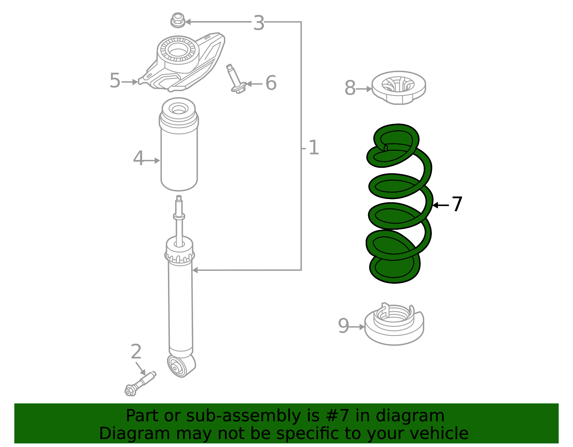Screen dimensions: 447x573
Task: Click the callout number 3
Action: click(x=259, y=23)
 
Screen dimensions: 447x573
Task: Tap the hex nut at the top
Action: click(x=178, y=20)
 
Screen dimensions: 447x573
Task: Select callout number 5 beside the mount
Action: click(x=115, y=81)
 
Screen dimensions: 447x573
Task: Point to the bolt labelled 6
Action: click(x=235, y=79)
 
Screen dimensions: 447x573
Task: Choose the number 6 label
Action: click(x=271, y=83)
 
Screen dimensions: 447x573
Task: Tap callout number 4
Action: click(x=138, y=159)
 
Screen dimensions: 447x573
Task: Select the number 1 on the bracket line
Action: click(x=313, y=148)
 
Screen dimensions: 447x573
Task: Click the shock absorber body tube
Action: click(x=180, y=308)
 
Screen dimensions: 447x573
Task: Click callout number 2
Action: click(x=136, y=352)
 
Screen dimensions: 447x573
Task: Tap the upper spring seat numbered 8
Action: click(x=399, y=88)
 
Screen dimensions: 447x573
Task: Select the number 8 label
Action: click(x=350, y=88)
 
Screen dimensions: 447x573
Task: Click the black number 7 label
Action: click(x=457, y=205)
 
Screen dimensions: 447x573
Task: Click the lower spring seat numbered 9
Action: click(x=394, y=326)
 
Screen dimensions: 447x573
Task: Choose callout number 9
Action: click(x=343, y=326)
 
